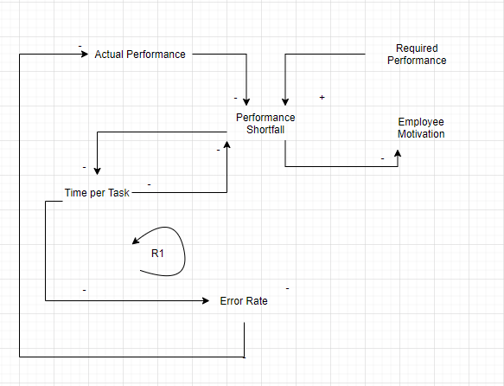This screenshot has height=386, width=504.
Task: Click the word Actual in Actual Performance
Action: click(x=109, y=55)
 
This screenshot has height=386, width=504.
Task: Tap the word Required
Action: click(x=417, y=48)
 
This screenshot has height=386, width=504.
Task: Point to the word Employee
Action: click(x=421, y=122)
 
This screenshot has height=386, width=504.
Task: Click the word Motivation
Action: click(x=421, y=134)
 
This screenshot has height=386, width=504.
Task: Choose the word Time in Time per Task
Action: click(x=76, y=193)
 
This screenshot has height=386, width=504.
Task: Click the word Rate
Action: click(x=257, y=301)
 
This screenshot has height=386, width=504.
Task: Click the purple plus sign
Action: click(x=322, y=98)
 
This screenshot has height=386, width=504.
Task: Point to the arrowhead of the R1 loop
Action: click(x=136, y=241)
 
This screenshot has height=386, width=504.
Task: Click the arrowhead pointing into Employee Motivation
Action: click(x=399, y=153)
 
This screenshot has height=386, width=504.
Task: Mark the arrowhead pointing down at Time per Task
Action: click(x=97, y=170)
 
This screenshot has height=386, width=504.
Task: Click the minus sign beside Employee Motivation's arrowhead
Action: click(x=382, y=158)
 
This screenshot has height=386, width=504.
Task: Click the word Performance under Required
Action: click(x=417, y=61)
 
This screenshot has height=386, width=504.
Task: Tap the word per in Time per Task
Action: click(x=97, y=193)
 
